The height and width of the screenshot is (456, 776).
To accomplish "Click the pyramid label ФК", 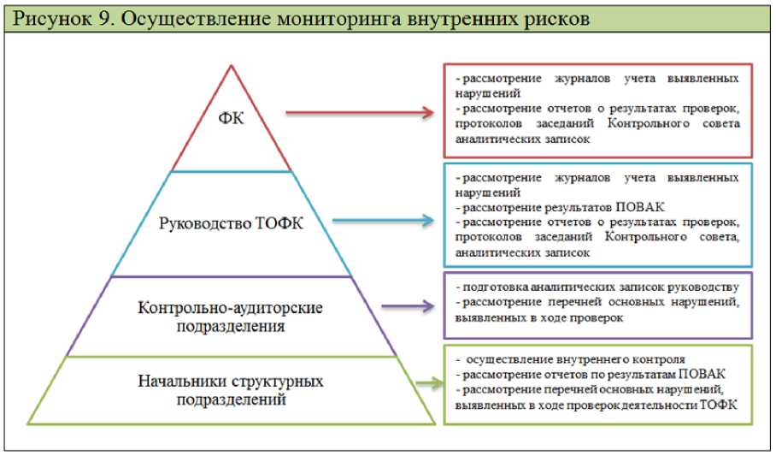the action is coord(231,117).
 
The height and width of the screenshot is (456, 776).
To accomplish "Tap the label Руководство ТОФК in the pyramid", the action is coord(232,224).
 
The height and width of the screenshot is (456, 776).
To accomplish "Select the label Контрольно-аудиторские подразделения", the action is coord(232,317).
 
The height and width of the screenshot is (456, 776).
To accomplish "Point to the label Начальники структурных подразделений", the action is coord(232,390).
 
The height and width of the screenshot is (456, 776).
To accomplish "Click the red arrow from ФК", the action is coord(360,111).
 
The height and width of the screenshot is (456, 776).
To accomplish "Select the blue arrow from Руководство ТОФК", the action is coord(384,220).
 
